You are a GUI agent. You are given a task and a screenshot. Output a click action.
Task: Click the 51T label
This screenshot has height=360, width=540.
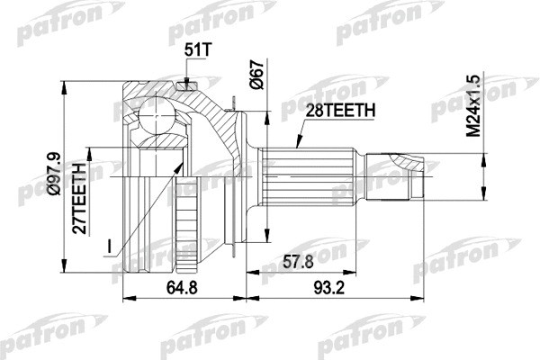(x=197, y=50)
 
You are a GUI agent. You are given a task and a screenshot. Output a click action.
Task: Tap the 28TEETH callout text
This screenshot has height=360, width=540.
(x=340, y=111)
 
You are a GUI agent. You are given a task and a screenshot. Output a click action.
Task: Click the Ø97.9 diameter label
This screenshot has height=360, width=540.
(x=55, y=174)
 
